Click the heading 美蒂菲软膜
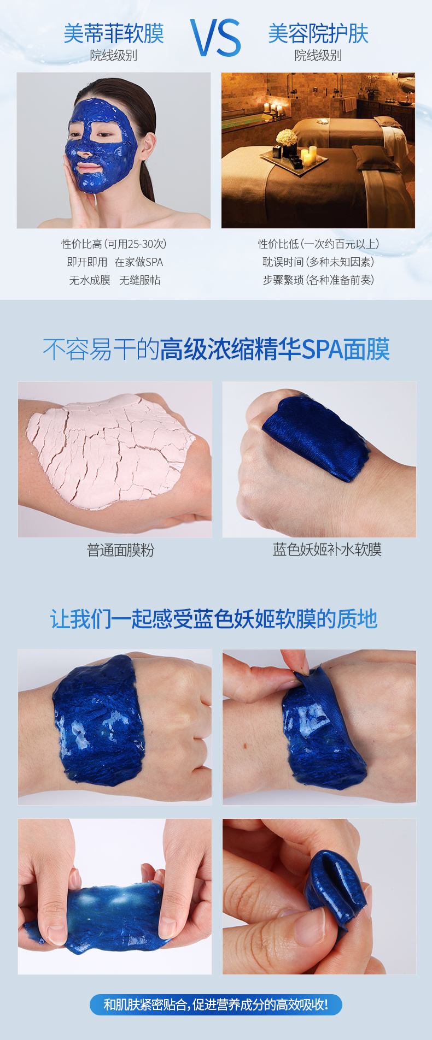click(x=114, y=34)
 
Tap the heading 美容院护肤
click(x=318, y=34)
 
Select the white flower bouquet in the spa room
click(x=287, y=137)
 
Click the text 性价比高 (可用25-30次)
click(x=114, y=244)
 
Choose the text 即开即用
click(x=87, y=262)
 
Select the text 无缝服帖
click(x=140, y=280)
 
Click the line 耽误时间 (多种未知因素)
click(x=318, y=262)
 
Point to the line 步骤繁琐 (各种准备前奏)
click(x=318, y=280)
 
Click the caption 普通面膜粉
click(x=121, y=550)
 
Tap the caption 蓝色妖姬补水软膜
click(x=327, y=549)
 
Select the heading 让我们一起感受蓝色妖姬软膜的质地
click(x=214, y=619)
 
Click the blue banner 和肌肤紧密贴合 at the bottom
click(x=216, y=1004)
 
